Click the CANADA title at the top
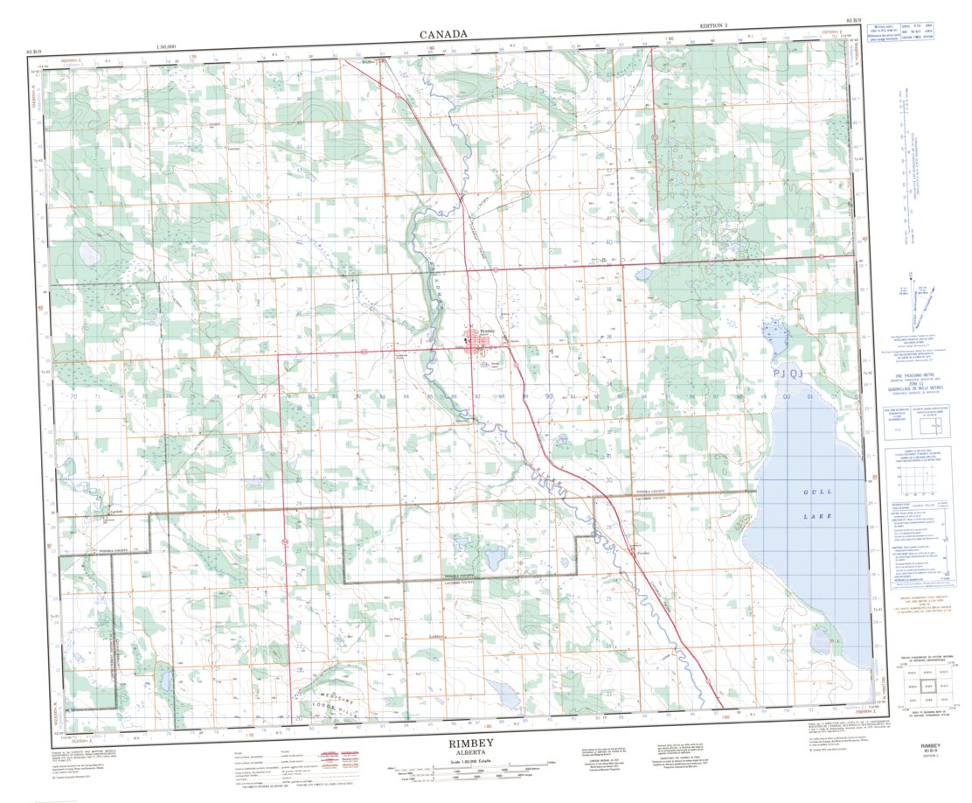coord(443,34)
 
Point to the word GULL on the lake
coord(814,493)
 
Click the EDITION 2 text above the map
coord(713,27)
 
